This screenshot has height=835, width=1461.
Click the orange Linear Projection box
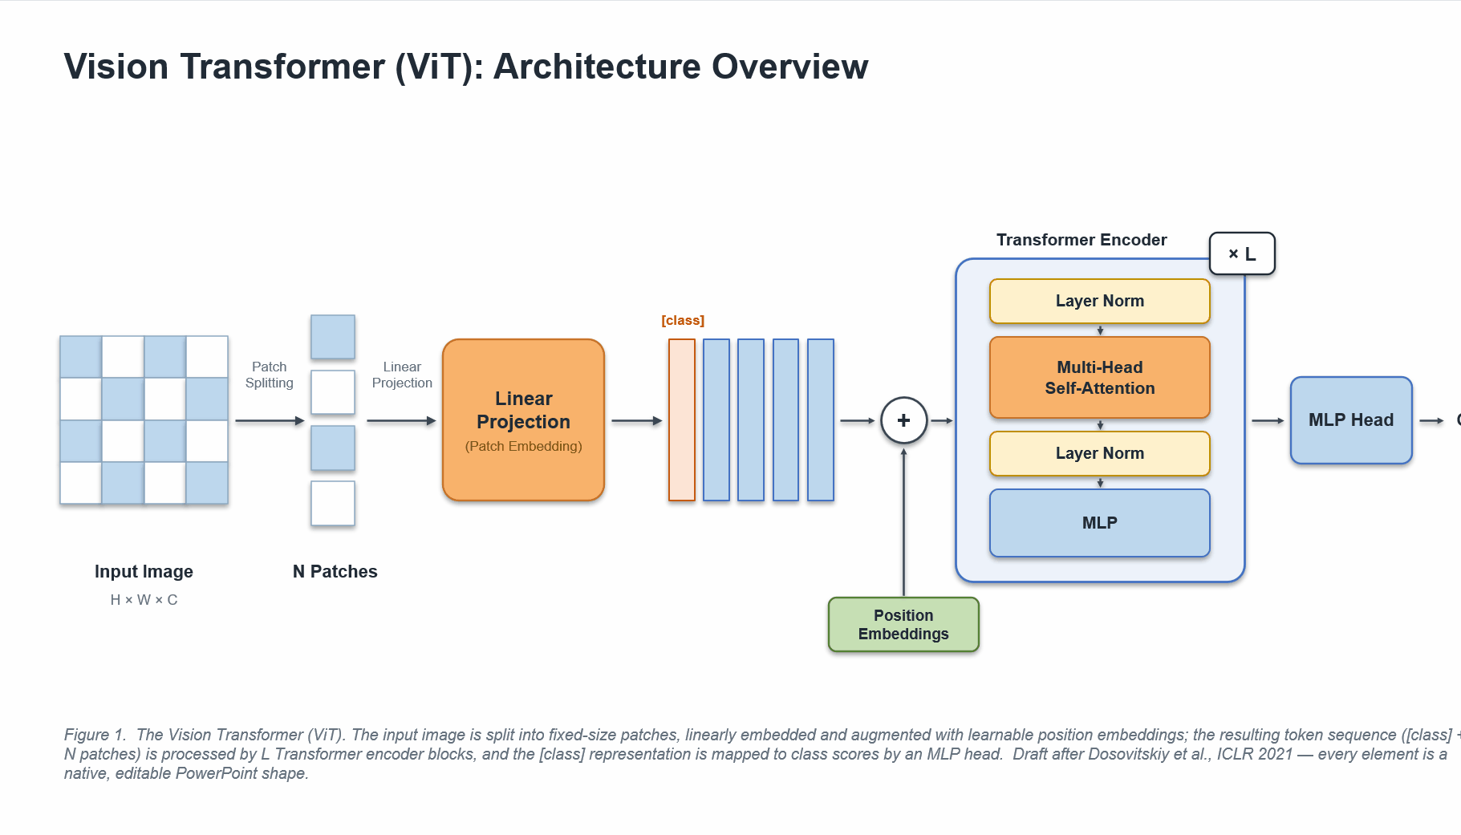523,420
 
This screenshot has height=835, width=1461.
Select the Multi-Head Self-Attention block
1099,377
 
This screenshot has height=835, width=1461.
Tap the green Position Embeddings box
903,624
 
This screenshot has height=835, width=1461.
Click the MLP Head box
1351,420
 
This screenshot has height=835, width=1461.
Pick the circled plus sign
903,420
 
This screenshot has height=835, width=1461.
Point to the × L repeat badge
1242,253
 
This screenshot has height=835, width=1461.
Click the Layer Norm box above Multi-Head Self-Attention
1099,301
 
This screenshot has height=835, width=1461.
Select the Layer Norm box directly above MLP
1099,453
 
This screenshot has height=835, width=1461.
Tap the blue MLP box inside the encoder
1099,523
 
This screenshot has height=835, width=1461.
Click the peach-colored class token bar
682,420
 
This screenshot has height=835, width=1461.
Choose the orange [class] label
683,321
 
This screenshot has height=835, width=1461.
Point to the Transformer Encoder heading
1082,240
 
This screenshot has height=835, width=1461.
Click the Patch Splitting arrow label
270,375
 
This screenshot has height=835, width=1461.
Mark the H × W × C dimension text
144,600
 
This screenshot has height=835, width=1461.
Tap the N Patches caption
335,572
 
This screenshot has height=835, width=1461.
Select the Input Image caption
144,572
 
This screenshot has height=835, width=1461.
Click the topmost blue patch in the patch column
333,337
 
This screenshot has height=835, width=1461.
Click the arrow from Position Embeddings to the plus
903,522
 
